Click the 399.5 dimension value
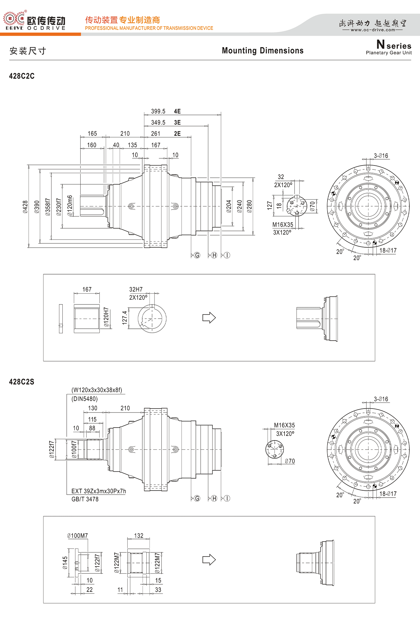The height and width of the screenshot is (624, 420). click(x=158, y=111)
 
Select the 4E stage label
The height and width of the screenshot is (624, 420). click(x=177, y=111)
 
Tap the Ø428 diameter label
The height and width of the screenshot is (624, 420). click(x=26, y=207)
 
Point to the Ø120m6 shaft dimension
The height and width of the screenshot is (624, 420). click(x=70, y=206)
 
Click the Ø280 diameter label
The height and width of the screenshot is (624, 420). click(x=249, y=206)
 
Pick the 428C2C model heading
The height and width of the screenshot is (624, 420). click(x=22, y=76)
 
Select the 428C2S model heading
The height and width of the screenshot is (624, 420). click(x=22, y=382)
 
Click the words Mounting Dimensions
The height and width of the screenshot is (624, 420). click(x=262, y=51)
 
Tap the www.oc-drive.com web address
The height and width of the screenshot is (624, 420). click(x=373, y=30)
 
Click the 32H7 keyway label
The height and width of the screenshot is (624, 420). click(x=136, y=289)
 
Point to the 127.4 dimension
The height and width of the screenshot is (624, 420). click(x=125, y=318)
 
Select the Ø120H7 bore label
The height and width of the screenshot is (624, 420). click(x=106, y=317)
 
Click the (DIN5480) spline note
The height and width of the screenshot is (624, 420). click(x=85, y=399)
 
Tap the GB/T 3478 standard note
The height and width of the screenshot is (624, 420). click(x=85, y=499)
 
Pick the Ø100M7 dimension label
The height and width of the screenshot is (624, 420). click(x=77, y=536)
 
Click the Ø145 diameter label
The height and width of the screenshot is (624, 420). click(x=65, y=563)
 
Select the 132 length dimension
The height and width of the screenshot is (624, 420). click(x=139, y=536)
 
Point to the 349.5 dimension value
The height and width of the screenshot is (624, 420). click(x=158, y=123)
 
